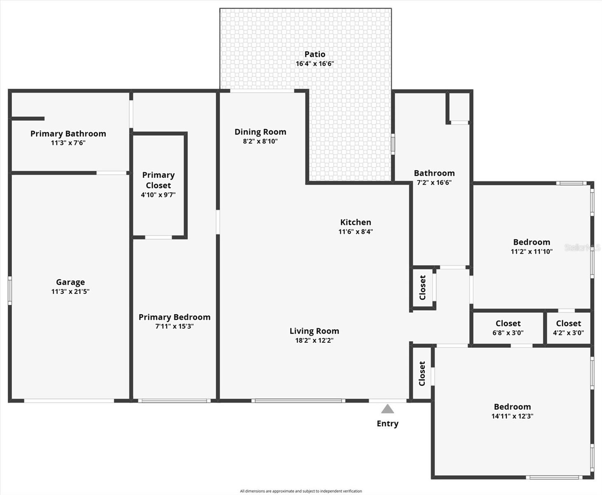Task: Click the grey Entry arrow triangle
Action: [387, 409]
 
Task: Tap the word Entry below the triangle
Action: [387, 424]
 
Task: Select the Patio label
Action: [315, 54]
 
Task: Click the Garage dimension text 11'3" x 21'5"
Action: [70, 292]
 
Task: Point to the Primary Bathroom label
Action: [68, 134]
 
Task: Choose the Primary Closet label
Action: [158, 180]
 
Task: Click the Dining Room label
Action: [260, 132]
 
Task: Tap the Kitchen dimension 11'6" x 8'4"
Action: [356, 232]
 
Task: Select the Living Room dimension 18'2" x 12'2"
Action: [314, 341]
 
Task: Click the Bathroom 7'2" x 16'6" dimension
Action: [434, 183]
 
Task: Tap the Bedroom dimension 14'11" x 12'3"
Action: [512, 416]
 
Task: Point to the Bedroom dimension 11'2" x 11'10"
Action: [532, 252]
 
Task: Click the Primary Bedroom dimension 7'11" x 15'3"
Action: [174, 326]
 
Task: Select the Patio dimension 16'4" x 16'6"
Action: [315, 64]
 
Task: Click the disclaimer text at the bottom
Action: [301, 491]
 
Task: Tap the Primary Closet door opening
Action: [158, 237]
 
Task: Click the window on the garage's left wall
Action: [10, 291]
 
